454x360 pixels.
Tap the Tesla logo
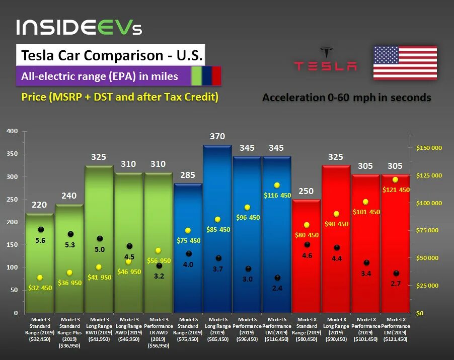(x=326, y=60)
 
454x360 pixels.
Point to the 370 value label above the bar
(x=217, y=136)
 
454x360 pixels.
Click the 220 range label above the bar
(x=40, y=205)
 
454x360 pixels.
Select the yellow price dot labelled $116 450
(x=277, y=185)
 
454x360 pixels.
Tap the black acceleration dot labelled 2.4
(x=277, y=278)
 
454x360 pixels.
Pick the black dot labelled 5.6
(x=41, y=229)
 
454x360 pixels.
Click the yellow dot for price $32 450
(x=40, y=278)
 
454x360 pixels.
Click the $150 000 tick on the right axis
(x=429, y=148)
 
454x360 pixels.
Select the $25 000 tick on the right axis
(x=429, y=286)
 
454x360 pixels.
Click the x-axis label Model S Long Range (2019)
(x=218, y=329)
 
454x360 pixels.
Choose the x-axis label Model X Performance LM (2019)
(x=396, y=329)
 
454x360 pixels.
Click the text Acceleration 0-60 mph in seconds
(x=346, y=98)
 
